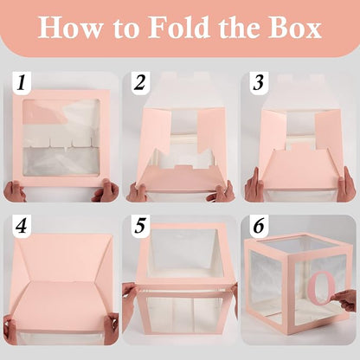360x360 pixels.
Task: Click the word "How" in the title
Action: (70, 28)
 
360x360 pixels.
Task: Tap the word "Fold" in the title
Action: (179, 27)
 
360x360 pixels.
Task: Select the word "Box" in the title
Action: (294, 28)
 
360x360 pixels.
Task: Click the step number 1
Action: (22, 82)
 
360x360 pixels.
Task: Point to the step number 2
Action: (139, 82)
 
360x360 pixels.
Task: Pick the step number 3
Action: (258, 82)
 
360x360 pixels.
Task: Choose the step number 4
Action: (21, 226)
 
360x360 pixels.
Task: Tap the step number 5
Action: (140, 226)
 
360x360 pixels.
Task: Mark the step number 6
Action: (259, 226)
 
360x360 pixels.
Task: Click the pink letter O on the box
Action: (322, 288)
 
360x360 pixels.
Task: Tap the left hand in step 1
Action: (15, 191)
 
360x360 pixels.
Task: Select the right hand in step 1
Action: (105, 190)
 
